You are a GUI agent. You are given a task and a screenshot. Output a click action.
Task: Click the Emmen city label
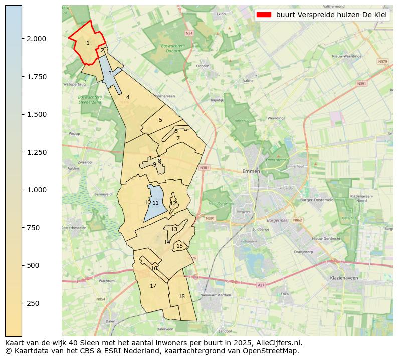251,171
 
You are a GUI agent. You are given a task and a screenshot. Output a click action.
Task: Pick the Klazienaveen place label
343,278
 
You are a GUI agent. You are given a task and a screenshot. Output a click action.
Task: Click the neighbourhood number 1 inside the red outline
88,43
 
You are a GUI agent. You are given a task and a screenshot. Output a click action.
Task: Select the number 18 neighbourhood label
181,296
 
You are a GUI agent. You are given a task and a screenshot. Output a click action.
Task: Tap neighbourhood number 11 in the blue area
155,203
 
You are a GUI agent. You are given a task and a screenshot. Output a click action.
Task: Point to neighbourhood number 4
128,97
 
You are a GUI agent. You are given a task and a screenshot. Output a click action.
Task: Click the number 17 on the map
153,286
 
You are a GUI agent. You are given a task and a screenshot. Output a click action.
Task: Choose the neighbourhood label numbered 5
160,120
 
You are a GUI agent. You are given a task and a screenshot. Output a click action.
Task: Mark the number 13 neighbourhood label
174,229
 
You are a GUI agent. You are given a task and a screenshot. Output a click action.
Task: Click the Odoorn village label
203,66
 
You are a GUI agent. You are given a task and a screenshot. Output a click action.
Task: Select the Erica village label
285,294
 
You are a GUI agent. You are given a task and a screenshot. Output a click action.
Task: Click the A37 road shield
261,285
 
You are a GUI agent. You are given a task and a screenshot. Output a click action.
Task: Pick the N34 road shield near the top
189,33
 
